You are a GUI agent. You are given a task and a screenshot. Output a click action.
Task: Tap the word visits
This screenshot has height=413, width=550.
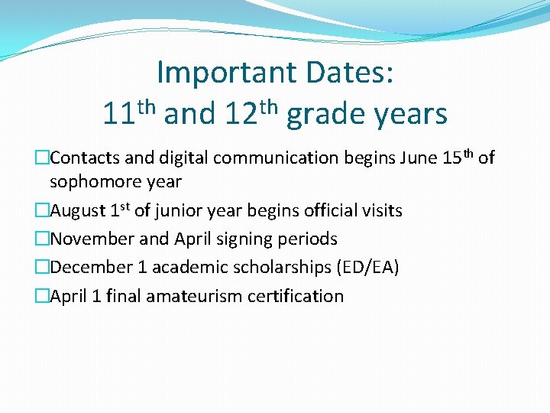click(381, 210)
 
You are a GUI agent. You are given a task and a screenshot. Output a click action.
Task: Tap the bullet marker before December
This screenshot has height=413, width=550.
click(44, 268)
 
